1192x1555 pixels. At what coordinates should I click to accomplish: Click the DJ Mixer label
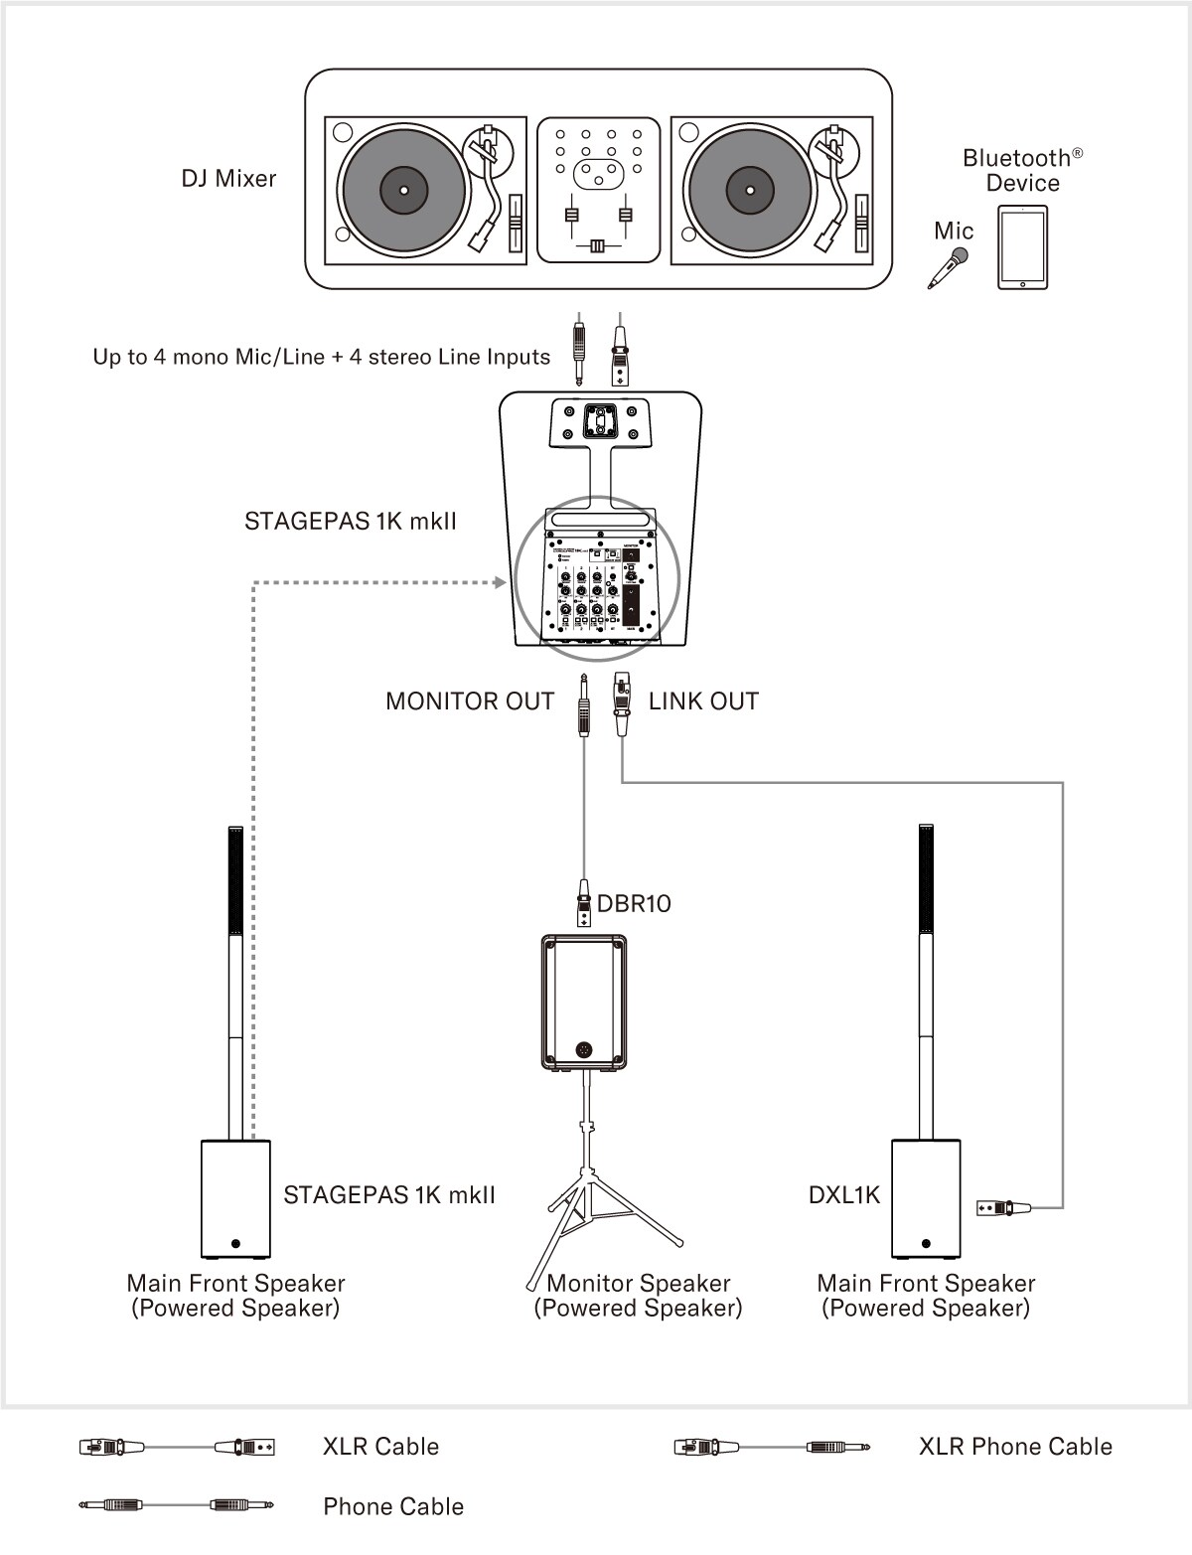[228, 179]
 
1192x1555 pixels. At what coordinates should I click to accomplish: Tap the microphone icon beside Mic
[949, 268]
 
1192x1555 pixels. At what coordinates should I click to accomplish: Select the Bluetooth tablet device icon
[1022, 248]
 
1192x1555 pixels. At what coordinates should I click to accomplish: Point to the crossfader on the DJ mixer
[596, 246]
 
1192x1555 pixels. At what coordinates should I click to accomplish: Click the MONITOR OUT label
[469, 701]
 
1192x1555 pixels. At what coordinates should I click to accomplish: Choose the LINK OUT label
[703, 701]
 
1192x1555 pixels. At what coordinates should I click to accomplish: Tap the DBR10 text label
[634, 903]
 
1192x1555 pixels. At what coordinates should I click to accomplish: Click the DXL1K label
[844, 1195]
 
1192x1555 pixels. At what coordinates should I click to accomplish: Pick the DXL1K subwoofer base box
[926, 1199]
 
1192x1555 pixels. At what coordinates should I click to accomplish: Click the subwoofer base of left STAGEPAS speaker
[235, 1199]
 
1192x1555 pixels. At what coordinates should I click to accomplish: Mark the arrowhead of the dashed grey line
[501, 581]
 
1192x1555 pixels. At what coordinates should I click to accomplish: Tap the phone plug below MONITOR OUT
[583, 705]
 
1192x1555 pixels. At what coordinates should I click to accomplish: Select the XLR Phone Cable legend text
[1014, 1447]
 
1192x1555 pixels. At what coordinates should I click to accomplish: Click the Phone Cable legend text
[393, 1507]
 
